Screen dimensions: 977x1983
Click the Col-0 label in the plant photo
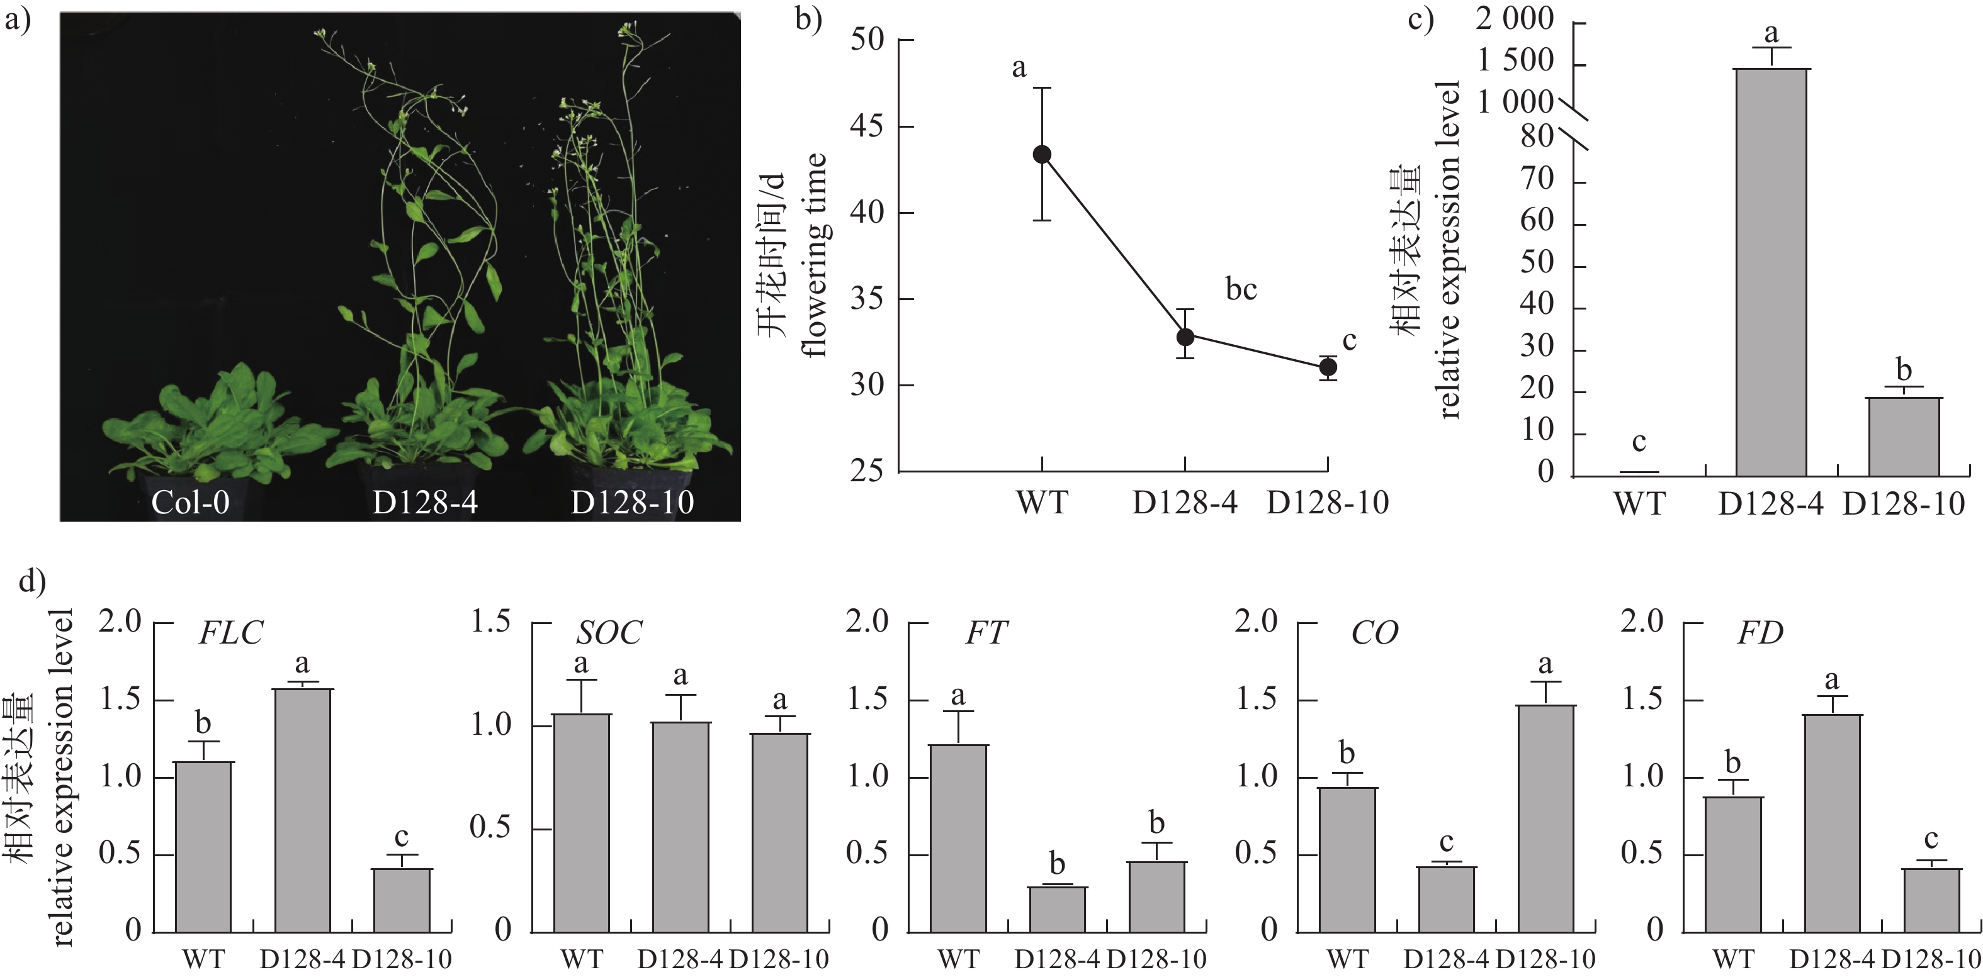pyautogui.click(x=190, y=503)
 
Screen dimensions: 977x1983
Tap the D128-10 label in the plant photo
pyautogui.click(x=632, y=503)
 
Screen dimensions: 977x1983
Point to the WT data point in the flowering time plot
pyautogui.click(x=1041, y=155)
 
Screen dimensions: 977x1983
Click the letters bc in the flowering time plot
pyautogui.click(x=1241, y=290)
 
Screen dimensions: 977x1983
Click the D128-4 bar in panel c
pyautogui.click(x=1770, y=269)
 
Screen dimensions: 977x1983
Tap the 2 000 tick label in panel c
pyautogui.click(x=1514, y=18)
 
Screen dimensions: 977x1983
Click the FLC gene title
pyautogui.click(x=230, y=633)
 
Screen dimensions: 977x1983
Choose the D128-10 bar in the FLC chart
pyautogui.click(x=402, y=900)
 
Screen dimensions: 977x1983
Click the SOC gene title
pyautogui.click(x=608, y=633)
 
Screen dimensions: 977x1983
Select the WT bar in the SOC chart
pyautogui.click(x=581, y=823)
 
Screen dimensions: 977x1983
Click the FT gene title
pyautogui.click(x=986, y=633)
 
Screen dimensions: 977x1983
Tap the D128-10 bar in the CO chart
pyautogui.click(x=1545, y=818)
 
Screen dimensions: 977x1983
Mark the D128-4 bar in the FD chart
pyautogui.click(x=1832, y=823)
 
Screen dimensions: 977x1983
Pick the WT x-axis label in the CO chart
pyautogui.click(x=1347, y=959)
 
